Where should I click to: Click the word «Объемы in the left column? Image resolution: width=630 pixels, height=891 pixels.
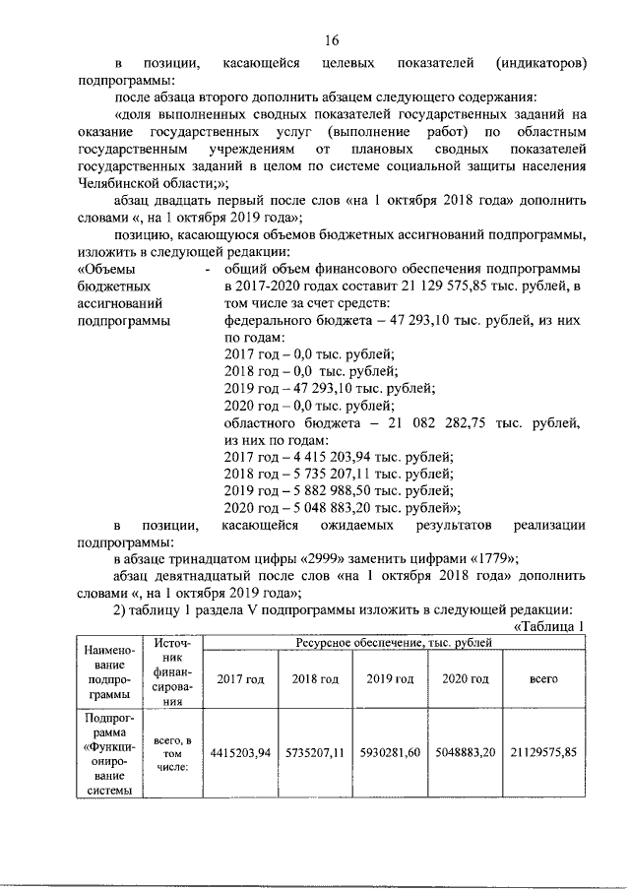coord(104,270)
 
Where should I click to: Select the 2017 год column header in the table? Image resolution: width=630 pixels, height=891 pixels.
coord(240,679)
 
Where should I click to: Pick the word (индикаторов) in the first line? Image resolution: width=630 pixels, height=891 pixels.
coord(539,63)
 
